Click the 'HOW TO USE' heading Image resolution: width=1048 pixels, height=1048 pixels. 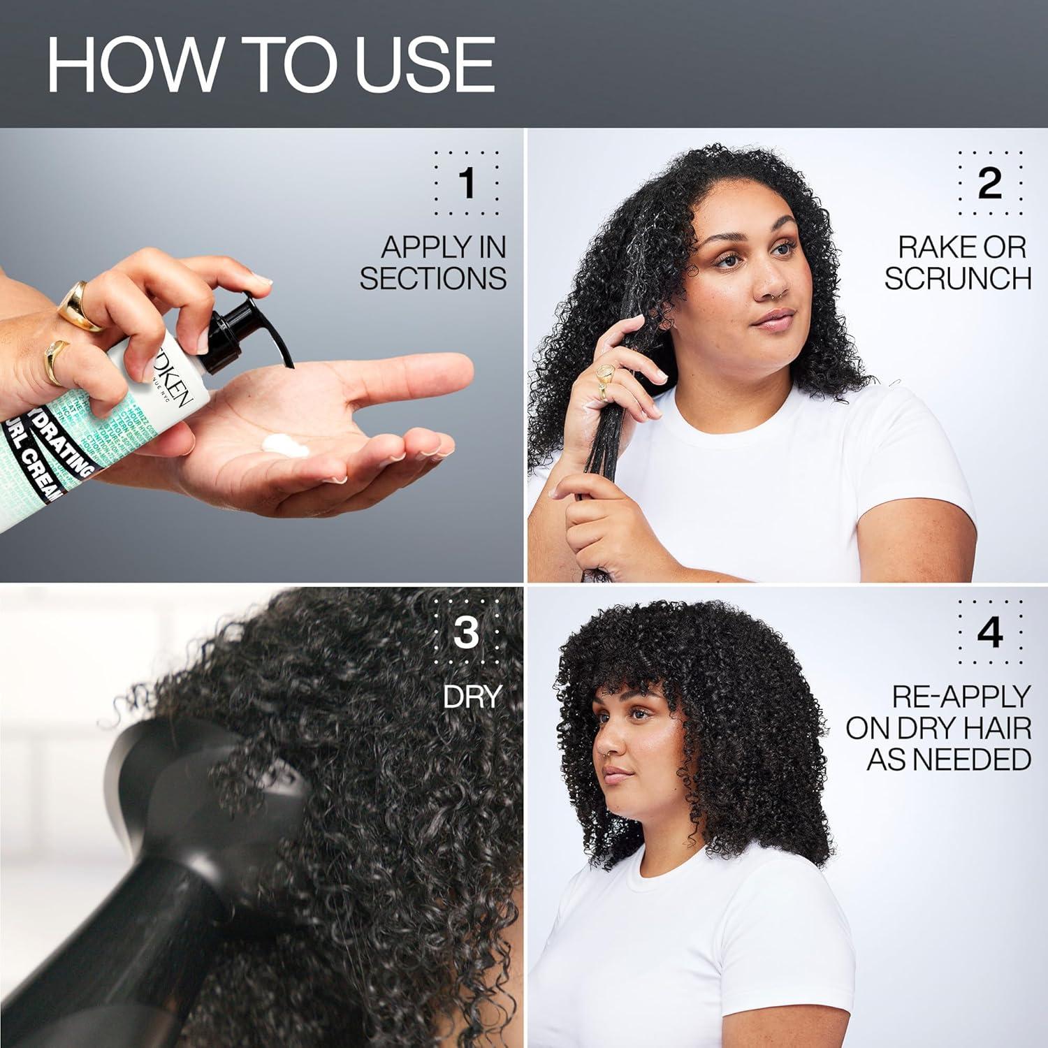[x=270, y=64]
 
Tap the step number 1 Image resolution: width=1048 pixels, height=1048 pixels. [x=467, y=183]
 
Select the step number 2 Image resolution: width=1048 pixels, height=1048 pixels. [x=989, y=183]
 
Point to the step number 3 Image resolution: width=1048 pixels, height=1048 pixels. [x=466, y=632]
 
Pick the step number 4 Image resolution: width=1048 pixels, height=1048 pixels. [x=990, y=632]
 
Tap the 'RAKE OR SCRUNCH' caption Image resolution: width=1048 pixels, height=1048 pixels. [x=959, y=263]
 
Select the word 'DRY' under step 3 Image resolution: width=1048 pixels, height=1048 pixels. [x=472, y=696]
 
